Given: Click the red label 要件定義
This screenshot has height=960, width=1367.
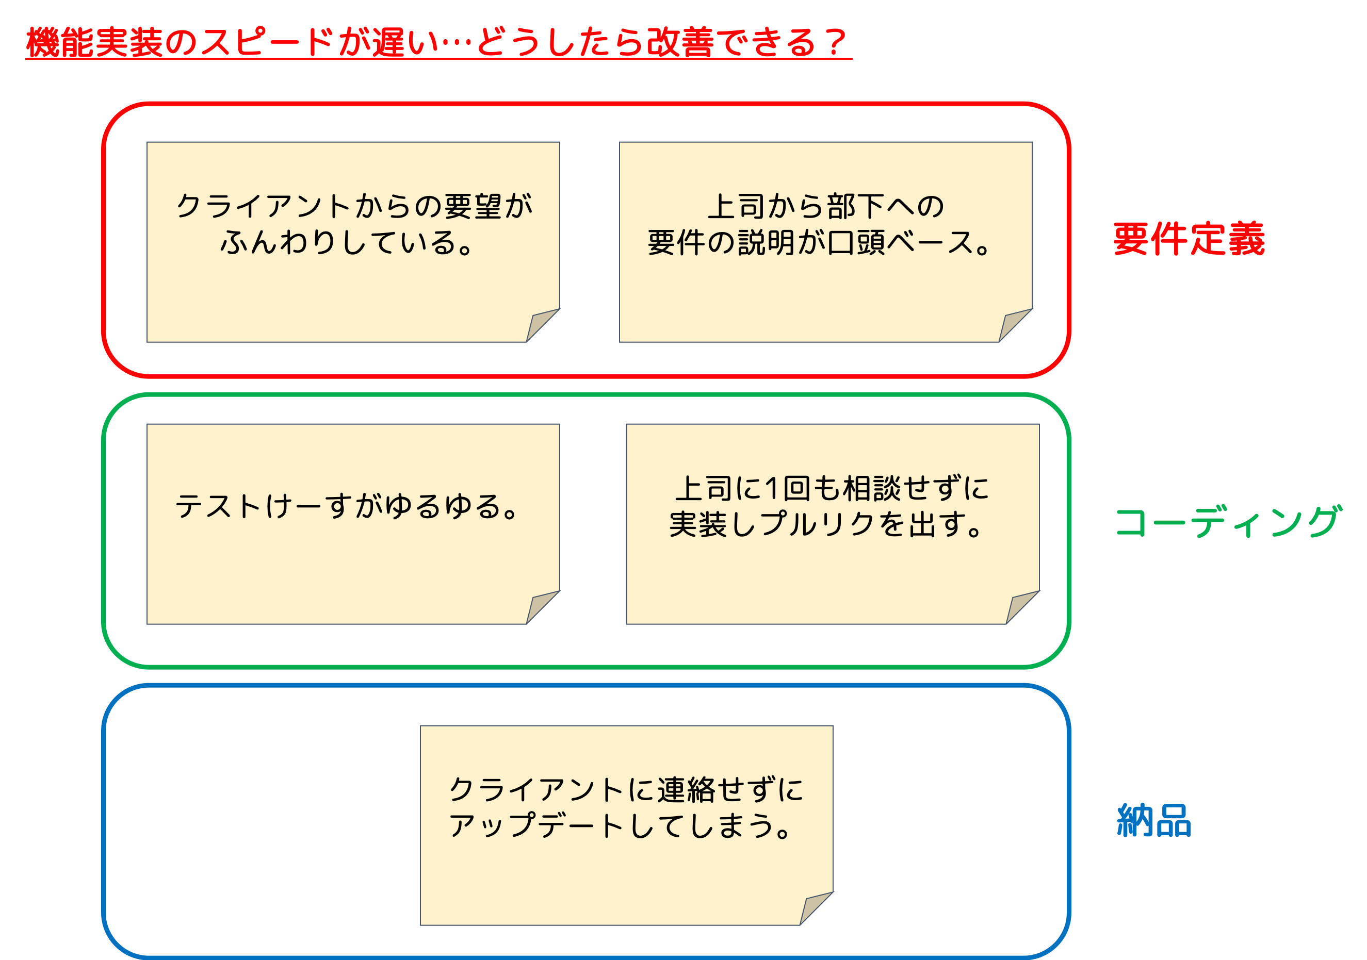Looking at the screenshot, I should [x=1189, y=239].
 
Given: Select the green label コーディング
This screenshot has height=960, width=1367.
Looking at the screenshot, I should [x=1228, y=522].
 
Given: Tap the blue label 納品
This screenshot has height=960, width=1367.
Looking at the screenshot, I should [x=1154, y=820].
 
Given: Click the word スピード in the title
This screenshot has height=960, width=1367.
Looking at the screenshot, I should [x=267, y=43].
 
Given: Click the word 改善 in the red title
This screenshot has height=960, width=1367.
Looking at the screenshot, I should [x=680, y=43].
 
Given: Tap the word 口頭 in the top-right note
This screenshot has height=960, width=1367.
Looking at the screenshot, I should [x=856, y=243].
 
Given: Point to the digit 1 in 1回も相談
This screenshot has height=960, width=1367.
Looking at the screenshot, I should [x=772, y=489].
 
